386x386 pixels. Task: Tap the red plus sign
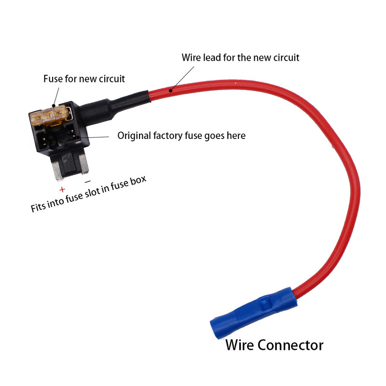(x=62, y=190)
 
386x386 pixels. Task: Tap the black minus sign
(x=87, y=182)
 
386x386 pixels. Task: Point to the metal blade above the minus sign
(x=85, y=167)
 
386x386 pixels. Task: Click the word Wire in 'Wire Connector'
(x=240, y=345)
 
